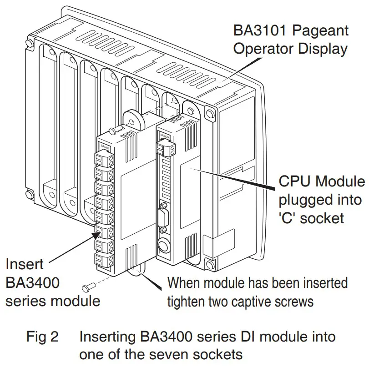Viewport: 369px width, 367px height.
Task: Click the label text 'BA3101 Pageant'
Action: click(x=291, y=30)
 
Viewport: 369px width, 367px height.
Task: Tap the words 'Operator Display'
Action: click(x=290, y=49)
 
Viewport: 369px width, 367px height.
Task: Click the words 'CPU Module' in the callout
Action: click(x=321, y=182)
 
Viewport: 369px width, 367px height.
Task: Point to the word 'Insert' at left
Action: click(x=25, y=264)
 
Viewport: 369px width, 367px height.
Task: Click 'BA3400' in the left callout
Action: click(x=32, y=282)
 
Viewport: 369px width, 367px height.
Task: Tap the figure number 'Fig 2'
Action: click(x=42, y=337)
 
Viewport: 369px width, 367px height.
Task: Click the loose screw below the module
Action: click(x=87, y=288)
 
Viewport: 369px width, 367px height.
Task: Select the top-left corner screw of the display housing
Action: click(x=30, y=44)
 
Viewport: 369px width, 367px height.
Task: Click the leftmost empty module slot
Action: click(x=47, y=123)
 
